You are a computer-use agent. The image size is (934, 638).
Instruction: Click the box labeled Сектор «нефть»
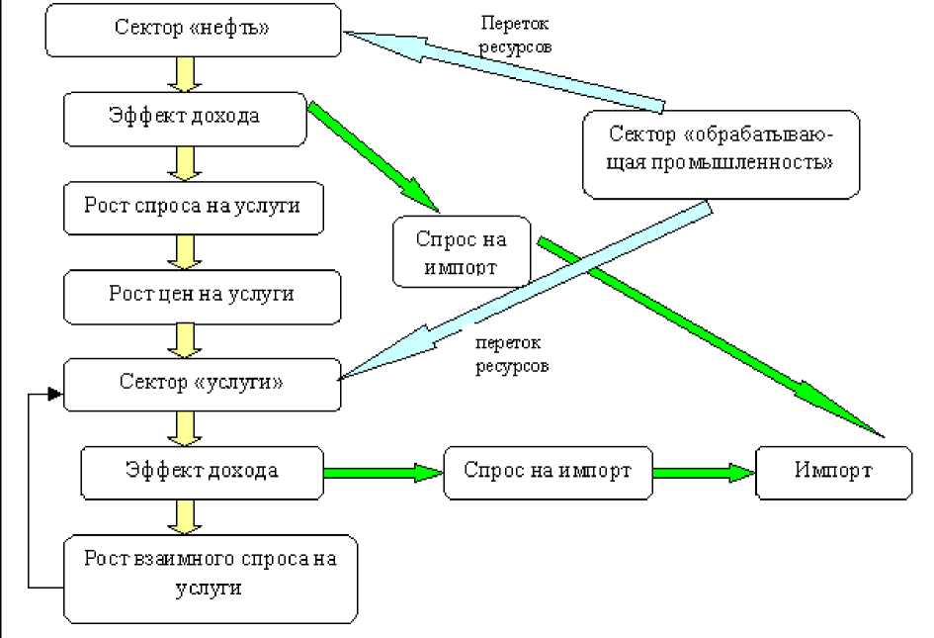pos(193,31)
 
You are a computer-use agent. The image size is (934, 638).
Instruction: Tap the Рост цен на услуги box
pos(202,294)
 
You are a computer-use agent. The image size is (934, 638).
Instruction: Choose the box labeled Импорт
pos(833,471)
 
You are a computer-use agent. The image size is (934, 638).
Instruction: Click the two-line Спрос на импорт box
pos(461,252)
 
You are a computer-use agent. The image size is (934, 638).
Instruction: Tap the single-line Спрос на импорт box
pos(548,471)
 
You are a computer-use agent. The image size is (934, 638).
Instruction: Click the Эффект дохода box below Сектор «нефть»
pos(184,118)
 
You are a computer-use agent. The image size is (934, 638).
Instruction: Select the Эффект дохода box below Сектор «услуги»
pos(201,471)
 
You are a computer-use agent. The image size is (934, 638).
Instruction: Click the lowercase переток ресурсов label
pos(511,354)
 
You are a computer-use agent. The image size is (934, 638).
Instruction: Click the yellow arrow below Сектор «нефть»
pos(184,74)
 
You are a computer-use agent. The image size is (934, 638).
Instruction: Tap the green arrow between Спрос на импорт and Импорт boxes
pos(704,472)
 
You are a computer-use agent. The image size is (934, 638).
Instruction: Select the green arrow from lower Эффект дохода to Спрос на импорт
pos(382,473)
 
